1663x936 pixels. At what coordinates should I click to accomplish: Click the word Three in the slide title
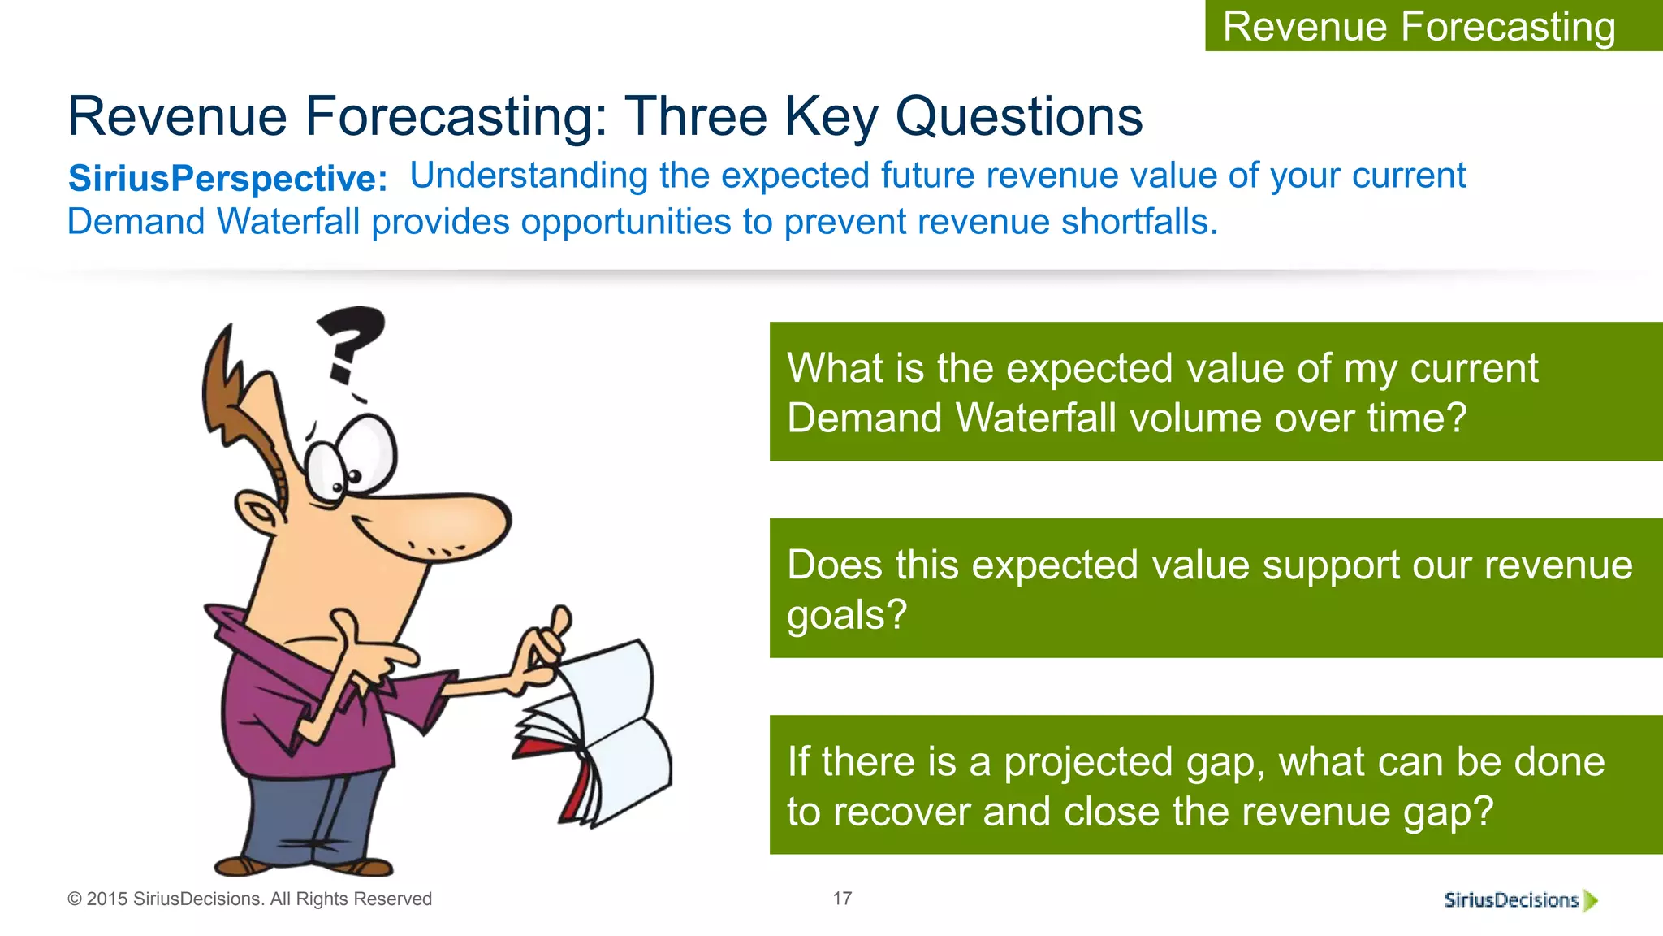[x=696, y=116]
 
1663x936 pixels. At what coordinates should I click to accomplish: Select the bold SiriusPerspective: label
[x=227, y=178]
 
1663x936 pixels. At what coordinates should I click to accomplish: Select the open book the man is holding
[x=601, y=731]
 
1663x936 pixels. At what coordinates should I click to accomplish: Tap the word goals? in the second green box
[x=846, y=615]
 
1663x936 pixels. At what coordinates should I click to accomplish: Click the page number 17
[x=842, y=899]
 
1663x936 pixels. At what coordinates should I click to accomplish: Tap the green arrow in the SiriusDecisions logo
[x=1591, y=900]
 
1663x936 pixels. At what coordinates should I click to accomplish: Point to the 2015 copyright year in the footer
[x=107, y=899]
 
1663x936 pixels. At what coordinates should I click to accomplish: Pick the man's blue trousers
[x=325, y=812]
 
